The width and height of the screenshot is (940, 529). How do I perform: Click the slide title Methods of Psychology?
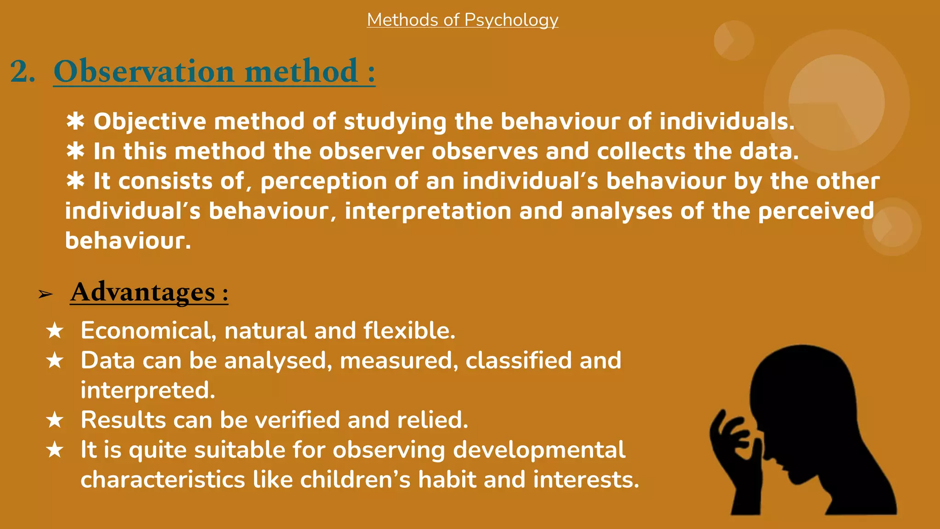(x=462, y=20)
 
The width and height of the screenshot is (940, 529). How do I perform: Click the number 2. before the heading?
(x=22, y=72)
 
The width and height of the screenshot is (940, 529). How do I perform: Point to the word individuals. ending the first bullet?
(x=727, y=122)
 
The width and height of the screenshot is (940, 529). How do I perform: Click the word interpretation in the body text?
(x=427, y=211)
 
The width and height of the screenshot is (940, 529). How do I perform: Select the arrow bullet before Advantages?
(x=45, y=294)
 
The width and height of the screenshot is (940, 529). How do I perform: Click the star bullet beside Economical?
(x=55, y=331)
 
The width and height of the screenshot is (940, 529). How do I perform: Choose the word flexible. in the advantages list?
(x=409, y=331)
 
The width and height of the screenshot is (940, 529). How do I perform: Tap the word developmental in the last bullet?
(x=539, y=450)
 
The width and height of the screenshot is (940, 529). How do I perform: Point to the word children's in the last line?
(x=355, y=480)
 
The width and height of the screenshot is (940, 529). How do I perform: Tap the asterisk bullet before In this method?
(x=75, y=152)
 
